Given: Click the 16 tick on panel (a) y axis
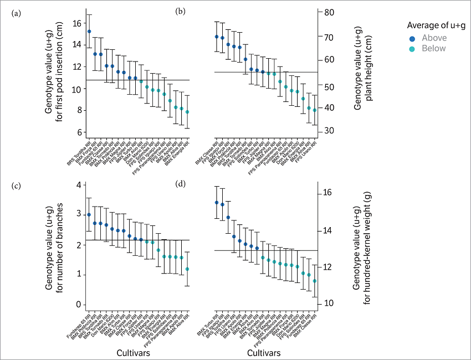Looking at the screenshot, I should (76, 23).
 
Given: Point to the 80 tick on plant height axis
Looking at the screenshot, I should (327, 12).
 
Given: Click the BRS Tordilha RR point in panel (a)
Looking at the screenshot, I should (89, 32).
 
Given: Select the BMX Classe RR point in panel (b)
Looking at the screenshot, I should (217, 37).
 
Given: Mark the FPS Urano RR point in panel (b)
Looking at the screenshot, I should (315, 110).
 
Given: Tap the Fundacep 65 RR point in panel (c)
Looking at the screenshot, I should (89, 214).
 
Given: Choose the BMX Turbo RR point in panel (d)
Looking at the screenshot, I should (217, 203).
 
